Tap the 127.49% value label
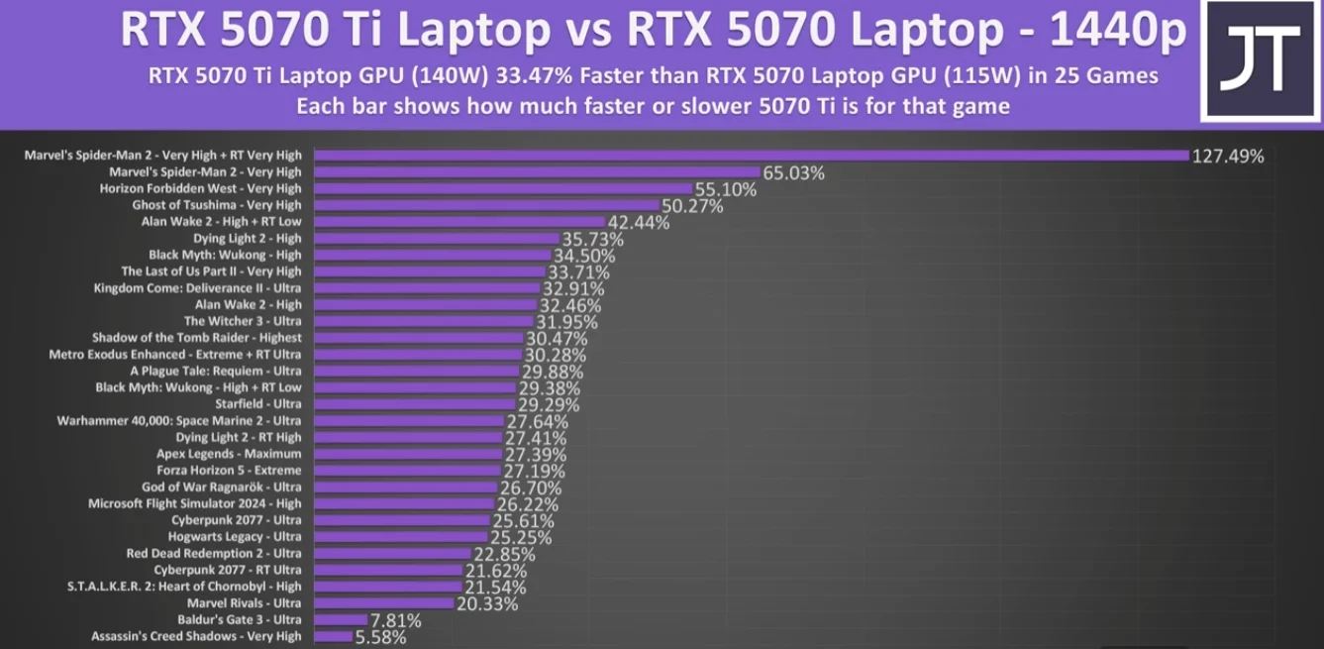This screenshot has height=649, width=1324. click(1229, 156)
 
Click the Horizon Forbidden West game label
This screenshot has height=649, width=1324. click(201, 188)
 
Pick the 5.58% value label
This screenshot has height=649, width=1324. click(380, 637)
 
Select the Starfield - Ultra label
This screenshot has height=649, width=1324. click(258, 404)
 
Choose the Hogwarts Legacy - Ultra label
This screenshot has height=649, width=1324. click(235, 536)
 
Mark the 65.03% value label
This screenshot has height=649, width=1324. click(793, 172)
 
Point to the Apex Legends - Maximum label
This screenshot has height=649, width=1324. click(229, 454)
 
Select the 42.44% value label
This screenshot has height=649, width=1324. click(639, 222)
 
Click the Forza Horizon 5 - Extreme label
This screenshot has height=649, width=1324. click(229, 471)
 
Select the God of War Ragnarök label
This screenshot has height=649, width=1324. click(222, 487)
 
